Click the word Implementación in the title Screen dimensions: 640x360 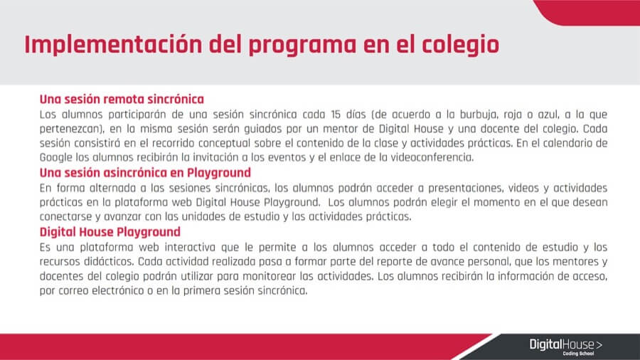(x=113, y=45)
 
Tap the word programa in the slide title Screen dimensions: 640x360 (x=302, y=46)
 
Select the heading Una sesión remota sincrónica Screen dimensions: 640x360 (x=122, y=99)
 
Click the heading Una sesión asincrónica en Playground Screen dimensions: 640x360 (x=145, y=173)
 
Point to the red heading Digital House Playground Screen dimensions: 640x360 (x=110, y=232)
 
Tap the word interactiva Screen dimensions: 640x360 (x=190, y=248)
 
